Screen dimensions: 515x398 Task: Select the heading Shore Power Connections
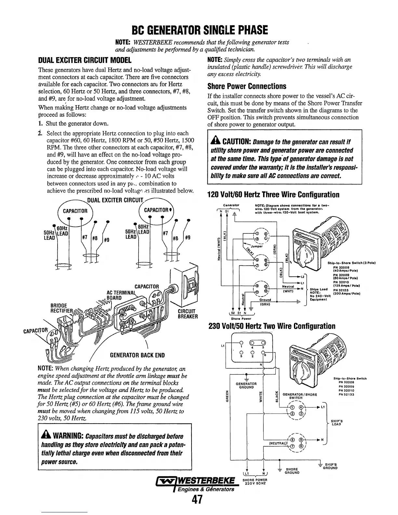pyautogui.click(x=247, y=86)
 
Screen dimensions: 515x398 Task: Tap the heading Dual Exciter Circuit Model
pyautogui.click(x=85, y=60)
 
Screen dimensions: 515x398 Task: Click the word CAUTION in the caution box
pyautogui.click(x=233, y=142)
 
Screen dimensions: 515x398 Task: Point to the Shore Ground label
pyautogui.click(x=292, y=471)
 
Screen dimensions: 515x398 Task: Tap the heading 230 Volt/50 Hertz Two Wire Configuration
pyautogui.click(x=271, y=326)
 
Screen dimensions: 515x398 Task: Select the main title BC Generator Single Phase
pyautogui.click(x=199, y=30)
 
